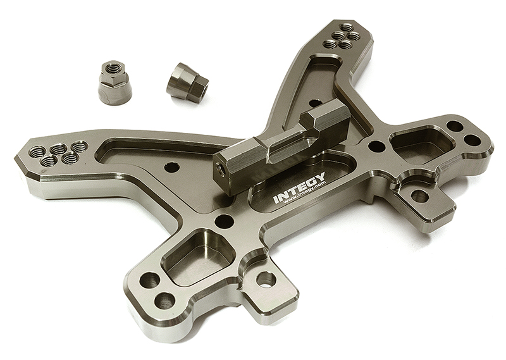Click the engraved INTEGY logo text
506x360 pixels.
[x=299, y=187]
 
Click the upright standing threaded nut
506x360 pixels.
[x=115, y=83]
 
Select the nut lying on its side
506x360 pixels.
[x=187, y=80]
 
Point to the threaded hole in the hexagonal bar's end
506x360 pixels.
[x=222, y=169]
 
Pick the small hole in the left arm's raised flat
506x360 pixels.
[x=171, y=168]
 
